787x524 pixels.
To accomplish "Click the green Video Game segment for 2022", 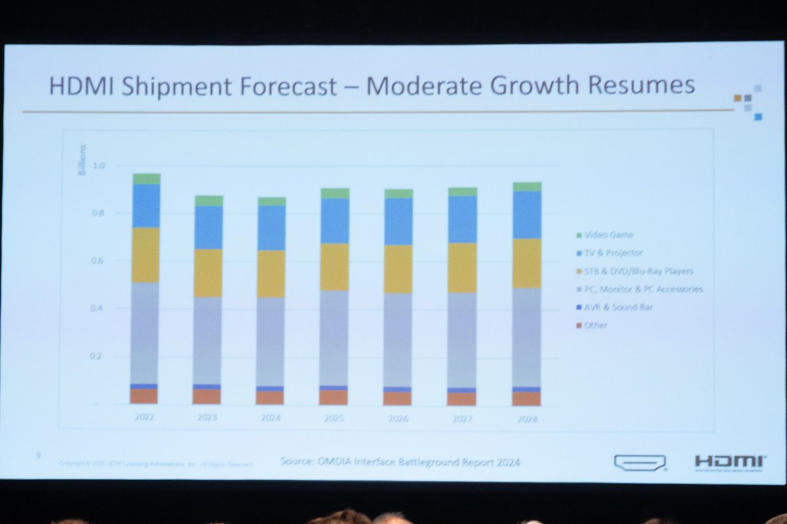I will pos(146,179).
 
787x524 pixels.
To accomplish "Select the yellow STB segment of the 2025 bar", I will pos(334,267).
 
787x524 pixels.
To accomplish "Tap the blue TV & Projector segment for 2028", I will pos(527,215).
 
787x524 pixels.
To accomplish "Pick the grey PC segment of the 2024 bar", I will pos(271,342).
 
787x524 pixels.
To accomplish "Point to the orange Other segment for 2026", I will pos(397,398).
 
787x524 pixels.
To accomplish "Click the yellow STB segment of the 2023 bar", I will pos(207,273).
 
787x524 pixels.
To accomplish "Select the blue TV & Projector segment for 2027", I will pos(462,219).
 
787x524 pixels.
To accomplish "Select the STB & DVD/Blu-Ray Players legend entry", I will pos(638,271).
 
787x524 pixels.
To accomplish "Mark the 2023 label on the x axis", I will pos(207,418).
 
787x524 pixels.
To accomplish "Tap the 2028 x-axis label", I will pos(527,419).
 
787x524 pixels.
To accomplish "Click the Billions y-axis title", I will pos(83,168).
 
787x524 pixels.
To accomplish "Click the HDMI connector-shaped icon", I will pos(639,462).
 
